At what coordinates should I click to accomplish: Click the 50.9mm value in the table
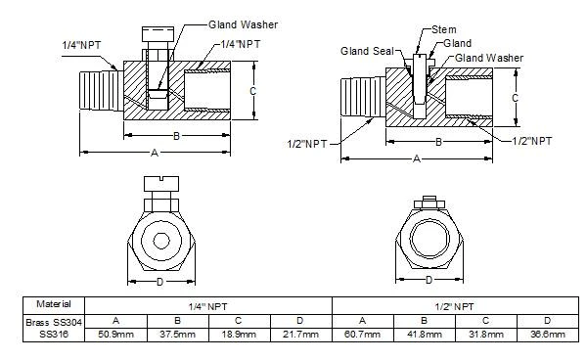click(116, 335)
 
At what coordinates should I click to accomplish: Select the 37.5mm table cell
click(178, 335)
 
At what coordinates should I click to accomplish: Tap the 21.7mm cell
click(301, 335)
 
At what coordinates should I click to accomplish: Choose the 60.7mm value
click(363, 335)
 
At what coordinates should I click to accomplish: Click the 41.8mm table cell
click(425, 335)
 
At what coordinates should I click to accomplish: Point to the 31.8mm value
click(486, 335)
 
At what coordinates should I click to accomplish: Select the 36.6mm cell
click(548, 335)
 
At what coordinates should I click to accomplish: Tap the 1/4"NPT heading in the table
click(209, 304)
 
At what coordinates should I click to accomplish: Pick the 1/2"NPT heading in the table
click(456, 304)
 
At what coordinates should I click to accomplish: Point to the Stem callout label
click(430, 30)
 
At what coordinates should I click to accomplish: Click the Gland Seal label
click(365, 50)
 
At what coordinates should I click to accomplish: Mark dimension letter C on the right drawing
click(516, 97)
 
